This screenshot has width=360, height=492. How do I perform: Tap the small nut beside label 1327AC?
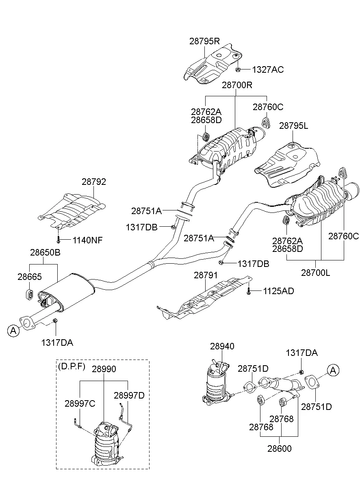(x=239, y=69)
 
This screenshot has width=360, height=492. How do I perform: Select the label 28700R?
(x=237, y=85)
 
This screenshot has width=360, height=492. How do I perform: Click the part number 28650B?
(x=45, y=252)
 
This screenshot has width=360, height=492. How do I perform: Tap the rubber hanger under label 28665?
(x=30, y=294)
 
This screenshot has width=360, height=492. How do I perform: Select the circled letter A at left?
(x=13, y=331)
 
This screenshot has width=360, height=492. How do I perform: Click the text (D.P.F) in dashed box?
(x=72, y=366)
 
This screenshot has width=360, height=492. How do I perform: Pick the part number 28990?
(x=104, y=369)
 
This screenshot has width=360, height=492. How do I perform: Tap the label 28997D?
(x=129, y=395)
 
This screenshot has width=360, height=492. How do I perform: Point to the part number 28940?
(x=222, y=346)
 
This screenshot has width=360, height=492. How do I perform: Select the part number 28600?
(x=279, y=449)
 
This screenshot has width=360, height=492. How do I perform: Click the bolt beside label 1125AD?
(x=248, y=291)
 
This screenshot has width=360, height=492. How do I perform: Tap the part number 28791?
(x=206, y=275)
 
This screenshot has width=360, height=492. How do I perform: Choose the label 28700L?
(x=316, y=273)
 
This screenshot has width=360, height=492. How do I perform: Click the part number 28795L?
(x=293, y=126)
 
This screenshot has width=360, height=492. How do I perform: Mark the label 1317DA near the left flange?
(x=57, y=342)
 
